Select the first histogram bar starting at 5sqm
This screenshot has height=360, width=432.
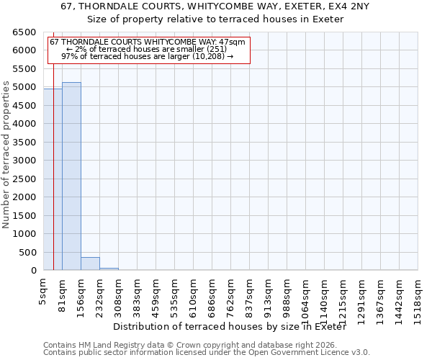point(53,180)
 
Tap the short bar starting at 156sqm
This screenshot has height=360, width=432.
point(90,264)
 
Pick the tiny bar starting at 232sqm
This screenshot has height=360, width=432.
point(109,269)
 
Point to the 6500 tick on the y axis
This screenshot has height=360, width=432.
point(24,32)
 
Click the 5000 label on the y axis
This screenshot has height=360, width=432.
point(24,88)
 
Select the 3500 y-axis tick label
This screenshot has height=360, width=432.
point(24,143)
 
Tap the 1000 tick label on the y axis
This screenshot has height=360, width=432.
point(24,234)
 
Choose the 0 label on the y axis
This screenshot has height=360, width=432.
point(34,271)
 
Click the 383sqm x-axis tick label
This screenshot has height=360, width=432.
point(138,294)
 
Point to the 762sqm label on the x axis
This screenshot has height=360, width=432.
point(231,294)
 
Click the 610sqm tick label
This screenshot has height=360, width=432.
point(194,294)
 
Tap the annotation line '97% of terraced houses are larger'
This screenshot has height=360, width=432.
point(148,56)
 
